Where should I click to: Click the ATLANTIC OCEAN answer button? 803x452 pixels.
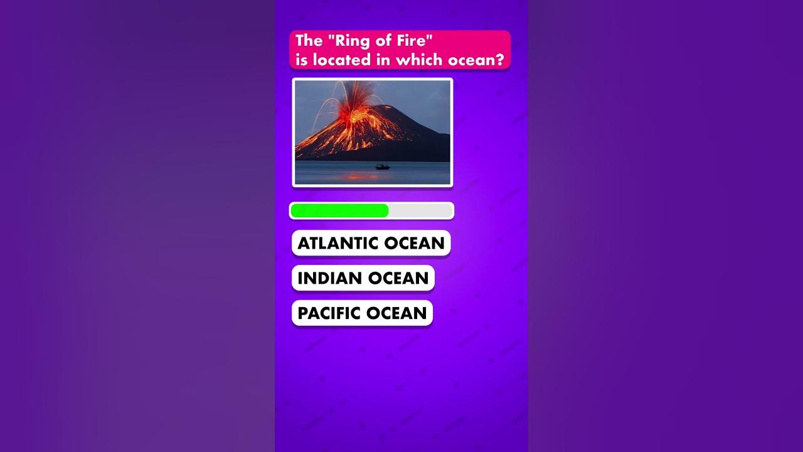pos(371,243)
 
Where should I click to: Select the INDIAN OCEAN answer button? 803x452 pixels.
pos(363,278)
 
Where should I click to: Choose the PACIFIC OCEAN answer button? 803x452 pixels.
pos(362,313)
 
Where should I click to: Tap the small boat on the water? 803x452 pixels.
pos(383,166)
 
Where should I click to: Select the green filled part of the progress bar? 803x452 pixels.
pos(339,211)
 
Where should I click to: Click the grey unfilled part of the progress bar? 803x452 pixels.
pos(420,211)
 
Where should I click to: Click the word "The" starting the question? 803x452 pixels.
pos(309,41)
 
